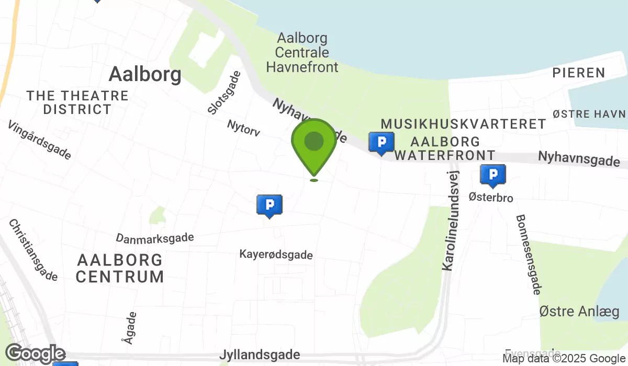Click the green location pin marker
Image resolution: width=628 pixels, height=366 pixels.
coord(313,143)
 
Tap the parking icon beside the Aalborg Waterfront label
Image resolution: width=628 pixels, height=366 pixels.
coord(382,142)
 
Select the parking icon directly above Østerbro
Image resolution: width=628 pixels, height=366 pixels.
coord(492,175)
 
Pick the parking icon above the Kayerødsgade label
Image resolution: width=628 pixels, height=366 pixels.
coord(270,205)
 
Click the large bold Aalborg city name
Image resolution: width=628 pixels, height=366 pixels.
coord(145,75)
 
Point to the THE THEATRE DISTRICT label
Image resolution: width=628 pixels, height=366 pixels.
coord(77,102)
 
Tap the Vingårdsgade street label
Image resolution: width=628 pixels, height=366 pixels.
coord(39,140)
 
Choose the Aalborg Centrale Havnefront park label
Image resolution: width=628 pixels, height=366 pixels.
coord(302,53)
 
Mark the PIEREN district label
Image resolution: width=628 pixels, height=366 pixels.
coord(579,73)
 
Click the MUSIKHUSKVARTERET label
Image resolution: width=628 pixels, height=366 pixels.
coord(463,124)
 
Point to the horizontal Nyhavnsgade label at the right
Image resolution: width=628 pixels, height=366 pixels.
coord(579,159)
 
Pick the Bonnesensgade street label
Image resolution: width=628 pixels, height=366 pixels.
coord(528,254)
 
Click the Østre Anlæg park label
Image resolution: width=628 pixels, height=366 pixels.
coord(579,312)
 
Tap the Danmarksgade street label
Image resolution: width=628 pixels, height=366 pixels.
coord(155,238)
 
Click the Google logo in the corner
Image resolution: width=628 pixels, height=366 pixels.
coord(35,354)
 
